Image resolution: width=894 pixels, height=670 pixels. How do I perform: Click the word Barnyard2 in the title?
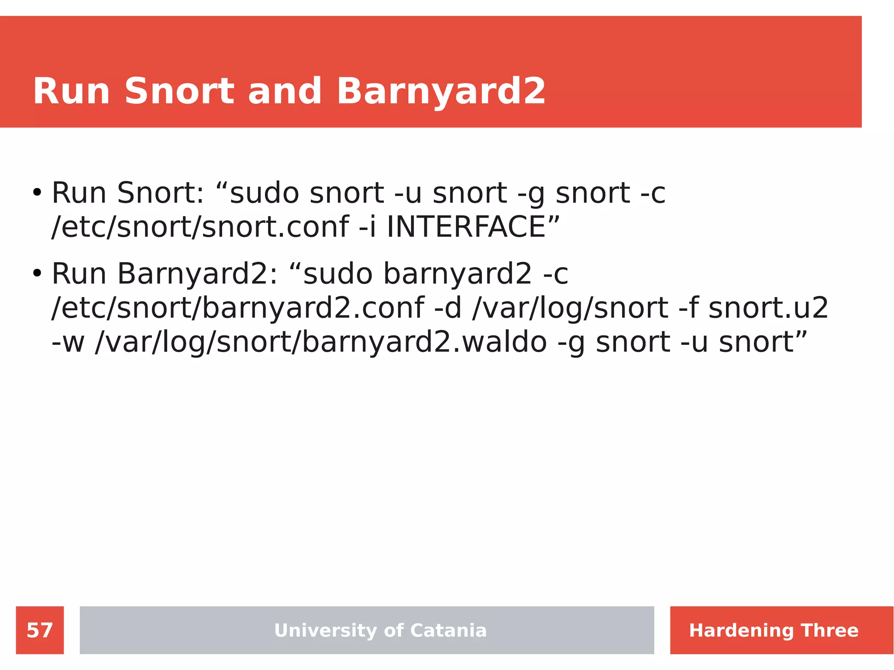441,92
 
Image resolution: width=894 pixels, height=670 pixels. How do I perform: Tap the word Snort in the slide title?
179,92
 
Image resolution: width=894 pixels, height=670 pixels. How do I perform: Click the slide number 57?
40,630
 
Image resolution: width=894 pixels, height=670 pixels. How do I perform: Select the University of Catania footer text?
380,630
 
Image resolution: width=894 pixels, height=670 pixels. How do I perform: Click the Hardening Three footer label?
774,630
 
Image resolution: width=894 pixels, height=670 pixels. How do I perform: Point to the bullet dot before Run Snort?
37,192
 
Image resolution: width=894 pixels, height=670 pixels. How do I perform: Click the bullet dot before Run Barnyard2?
37,274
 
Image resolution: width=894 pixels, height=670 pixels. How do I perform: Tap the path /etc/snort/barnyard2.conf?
238,308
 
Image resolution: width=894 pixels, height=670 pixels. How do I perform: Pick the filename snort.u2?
768,308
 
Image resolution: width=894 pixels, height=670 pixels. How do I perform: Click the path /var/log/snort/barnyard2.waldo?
321,342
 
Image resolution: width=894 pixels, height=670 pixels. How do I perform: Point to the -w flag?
68,342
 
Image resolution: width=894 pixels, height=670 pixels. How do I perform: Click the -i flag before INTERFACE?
367,227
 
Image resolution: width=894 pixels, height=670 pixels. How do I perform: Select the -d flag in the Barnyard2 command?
448,308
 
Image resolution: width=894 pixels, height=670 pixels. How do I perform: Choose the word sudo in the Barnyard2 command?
337,274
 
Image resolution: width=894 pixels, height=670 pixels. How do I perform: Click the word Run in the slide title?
71,92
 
